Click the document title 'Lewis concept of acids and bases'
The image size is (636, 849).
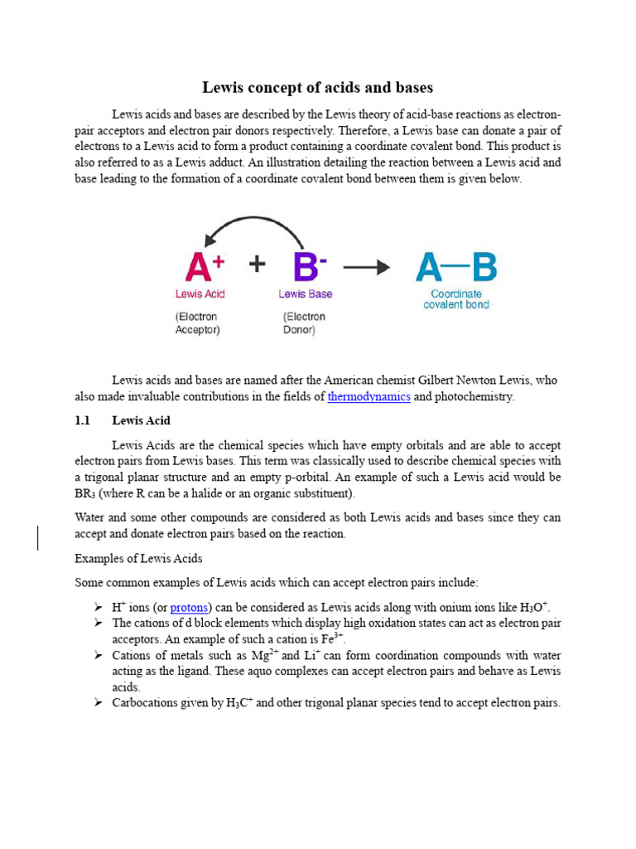point(318,87)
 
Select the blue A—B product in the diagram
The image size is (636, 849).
point(455,267)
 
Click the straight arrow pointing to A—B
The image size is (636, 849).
point(366,266)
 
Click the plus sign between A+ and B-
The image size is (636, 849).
point(258,264)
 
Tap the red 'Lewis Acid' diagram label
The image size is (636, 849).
point(200,294)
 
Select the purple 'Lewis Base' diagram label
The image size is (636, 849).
point(305,294)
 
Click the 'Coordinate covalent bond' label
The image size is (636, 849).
point(456,299)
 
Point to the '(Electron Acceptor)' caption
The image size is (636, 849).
point(199,323)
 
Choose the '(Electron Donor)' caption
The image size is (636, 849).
point(304,323)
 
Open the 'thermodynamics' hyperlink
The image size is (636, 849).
point(369,396)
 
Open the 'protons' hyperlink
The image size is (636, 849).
point(189,607)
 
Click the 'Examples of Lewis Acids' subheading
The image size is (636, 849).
point(138,558)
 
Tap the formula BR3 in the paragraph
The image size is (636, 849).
point(86,494)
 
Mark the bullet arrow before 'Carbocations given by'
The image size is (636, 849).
point(97,703)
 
